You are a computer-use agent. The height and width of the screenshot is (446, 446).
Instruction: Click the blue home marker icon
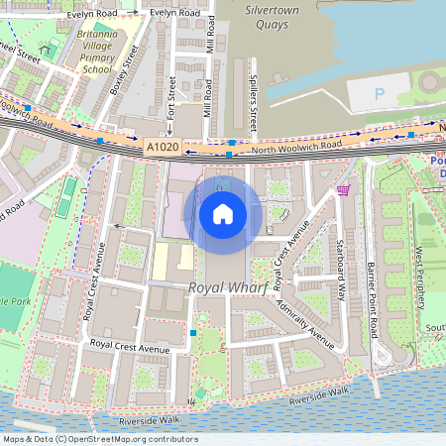(x=223, y=213)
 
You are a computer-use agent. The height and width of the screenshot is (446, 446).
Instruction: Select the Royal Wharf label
(x=223, y=288)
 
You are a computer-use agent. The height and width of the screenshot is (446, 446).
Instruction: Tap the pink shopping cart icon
(x=343, y=189)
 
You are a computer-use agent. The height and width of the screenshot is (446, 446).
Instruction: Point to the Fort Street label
(x=171, y=97)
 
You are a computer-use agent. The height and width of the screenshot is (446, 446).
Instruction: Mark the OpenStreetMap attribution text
(x=100, y=439)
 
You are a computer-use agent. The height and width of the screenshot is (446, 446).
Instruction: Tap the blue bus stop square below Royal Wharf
(x=192, y=334)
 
